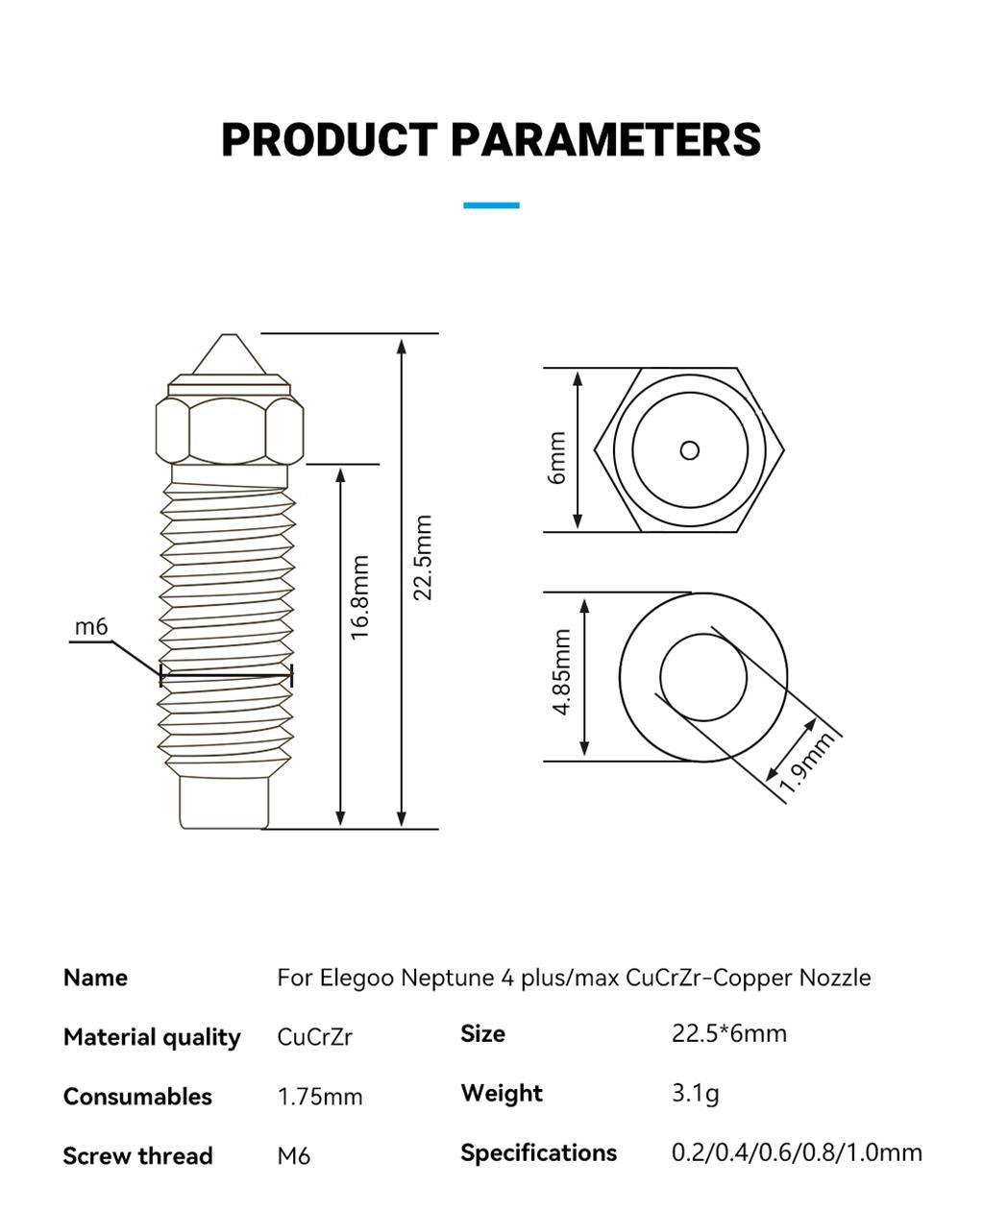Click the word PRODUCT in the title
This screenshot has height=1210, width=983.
tap(329, 139)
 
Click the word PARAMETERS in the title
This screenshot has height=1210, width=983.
tap(606, 139)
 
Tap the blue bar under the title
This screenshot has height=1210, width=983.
tap(491, 206)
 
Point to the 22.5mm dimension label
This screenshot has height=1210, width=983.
tap(423, 557)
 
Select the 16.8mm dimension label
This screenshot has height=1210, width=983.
tap(360, 597)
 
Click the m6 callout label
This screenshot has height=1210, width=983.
tap(91, 627)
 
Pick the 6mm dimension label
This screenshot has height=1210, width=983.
tap(557, 458)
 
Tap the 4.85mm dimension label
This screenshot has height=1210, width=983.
tap(561, 672)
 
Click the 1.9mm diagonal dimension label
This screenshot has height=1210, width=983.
tap(806, 762)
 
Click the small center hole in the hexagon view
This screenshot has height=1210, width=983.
tap(689, 450)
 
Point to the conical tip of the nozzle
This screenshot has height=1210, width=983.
tap(229, 354)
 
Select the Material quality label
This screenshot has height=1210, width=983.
tap(152, 1037)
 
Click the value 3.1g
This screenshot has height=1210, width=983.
tap(695, 1093)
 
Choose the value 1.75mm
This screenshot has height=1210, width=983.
tap(320, 1097)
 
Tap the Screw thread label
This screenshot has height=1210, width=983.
tap(138, 1156)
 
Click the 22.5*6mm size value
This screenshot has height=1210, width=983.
tap(729, 1033)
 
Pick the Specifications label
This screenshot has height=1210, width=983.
tap(539, 1153)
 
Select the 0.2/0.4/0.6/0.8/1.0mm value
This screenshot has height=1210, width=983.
tap(797, 1152)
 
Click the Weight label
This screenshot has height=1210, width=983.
tap(502, 1094)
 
